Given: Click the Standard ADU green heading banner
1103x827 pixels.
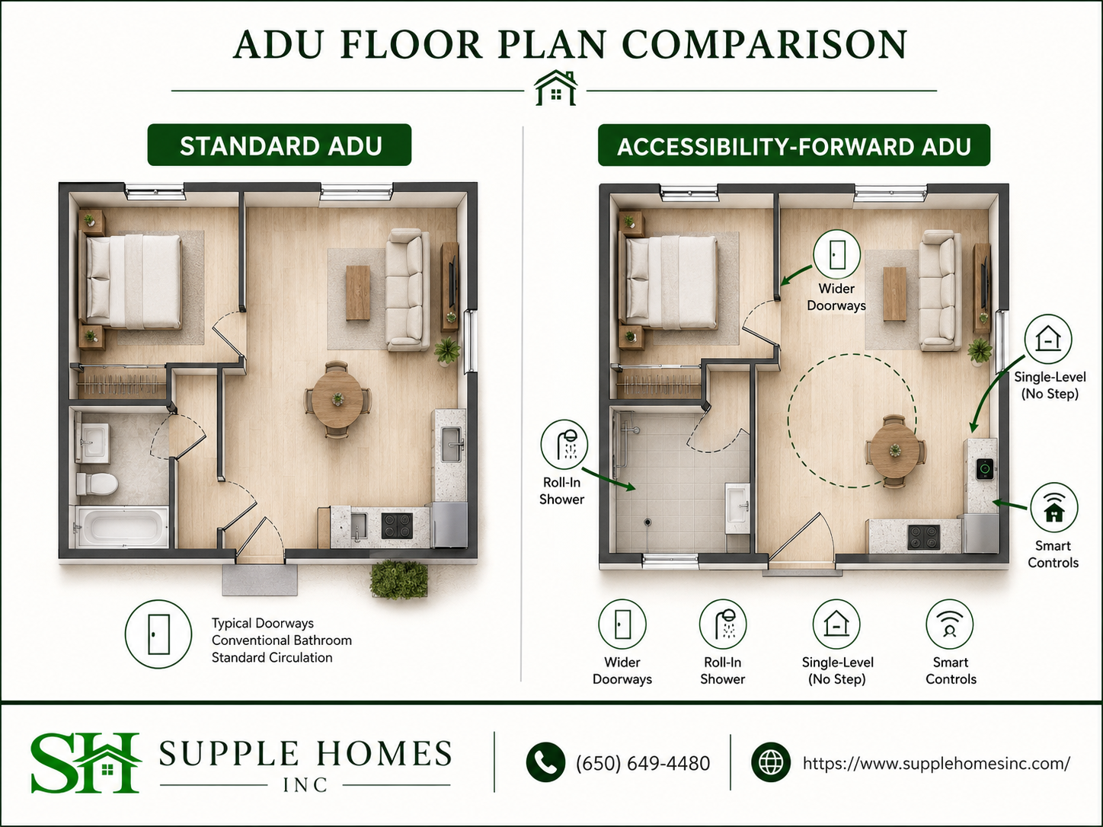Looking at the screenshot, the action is [x=280, y=145].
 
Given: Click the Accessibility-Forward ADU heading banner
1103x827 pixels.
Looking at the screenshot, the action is [x=794, y=145].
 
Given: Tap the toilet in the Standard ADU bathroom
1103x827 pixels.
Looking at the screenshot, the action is [x=97, y=484].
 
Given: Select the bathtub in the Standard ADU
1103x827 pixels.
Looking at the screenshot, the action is [x=123, y=527].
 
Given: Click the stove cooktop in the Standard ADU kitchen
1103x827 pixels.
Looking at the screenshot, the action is [x=397, y=525].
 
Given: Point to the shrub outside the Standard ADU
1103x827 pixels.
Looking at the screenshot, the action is [x=399, y=580].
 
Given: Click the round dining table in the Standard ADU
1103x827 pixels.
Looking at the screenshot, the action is [x=337, y=400].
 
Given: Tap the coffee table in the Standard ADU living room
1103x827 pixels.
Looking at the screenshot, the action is [x=358, y=292].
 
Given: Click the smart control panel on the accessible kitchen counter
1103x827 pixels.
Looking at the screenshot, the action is [x=984, y=469].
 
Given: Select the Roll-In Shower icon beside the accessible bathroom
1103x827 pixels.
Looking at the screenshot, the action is [x=564, y=444].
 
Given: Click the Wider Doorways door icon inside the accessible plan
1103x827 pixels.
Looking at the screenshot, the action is [x=836, y=254].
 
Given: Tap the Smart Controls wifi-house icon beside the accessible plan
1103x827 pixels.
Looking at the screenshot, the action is [x=1053, y=508].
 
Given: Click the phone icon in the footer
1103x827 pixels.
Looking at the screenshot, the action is [x=545, y=762].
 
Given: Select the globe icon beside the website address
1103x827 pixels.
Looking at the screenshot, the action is [x=770, y=762].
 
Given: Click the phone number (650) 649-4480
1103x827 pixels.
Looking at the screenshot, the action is [x=643, y=763].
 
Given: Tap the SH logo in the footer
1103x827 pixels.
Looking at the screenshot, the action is [x=85, y=762].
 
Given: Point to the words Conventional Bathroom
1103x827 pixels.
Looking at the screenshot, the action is [x=281, y=640].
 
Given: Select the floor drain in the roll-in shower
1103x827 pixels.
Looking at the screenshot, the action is [x=647, y=522].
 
